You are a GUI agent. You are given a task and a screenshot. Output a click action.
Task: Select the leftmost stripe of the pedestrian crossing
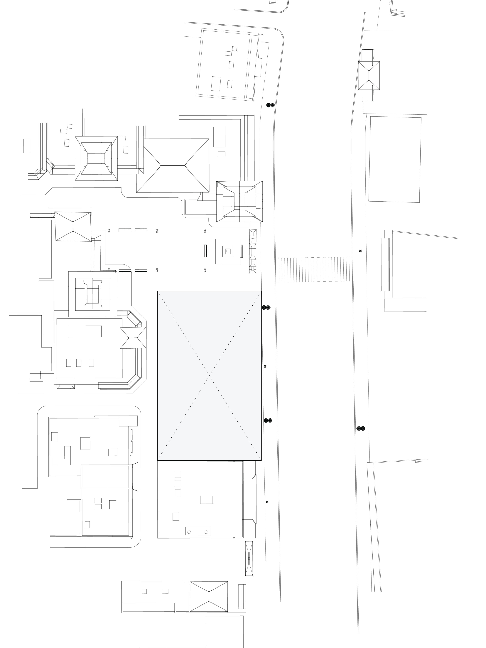pyautogui.click(x=277, y=270)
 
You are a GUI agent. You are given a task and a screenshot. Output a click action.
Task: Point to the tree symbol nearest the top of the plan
pyautogui.click(x=270, y=105)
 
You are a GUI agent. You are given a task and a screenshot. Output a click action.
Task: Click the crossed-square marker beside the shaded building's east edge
pyautogui.click(x=265, y=366)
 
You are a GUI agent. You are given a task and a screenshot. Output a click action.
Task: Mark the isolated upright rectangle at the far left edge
pyautogui.click(x=27, y=146)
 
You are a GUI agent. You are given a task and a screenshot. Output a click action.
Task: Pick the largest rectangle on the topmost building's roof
pyautogui.click(x=216, y=84)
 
